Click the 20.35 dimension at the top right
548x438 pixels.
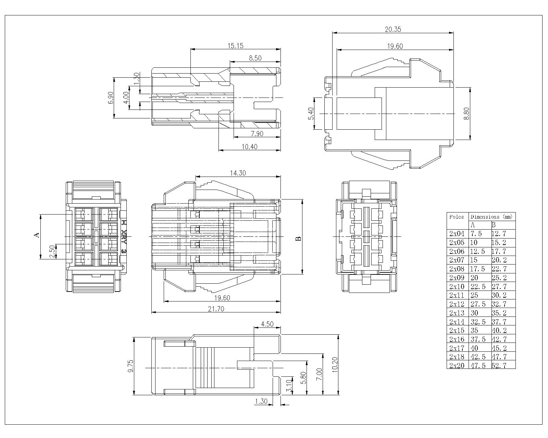tap(393, 29)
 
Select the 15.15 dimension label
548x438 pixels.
tap(236, 46)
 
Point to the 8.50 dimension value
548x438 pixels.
tap(255, 58)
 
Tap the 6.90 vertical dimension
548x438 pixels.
tap(110, 98)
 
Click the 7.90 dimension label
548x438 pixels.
tap(257, 133)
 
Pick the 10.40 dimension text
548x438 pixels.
tap(249, 146)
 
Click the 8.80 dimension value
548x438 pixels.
tap(466, 114)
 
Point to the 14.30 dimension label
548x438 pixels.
tap(237, 173)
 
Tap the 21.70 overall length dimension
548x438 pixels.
tap(216, 309)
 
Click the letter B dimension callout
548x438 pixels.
tap(299, 239)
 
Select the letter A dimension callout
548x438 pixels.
tap(37, 235)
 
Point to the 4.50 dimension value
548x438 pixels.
tap(267, 324)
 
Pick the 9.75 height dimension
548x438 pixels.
tap(130, 366)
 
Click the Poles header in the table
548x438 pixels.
tap(457, 217)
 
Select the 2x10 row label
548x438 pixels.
tap(457, 286)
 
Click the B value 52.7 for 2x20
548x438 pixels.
tap(499, 365)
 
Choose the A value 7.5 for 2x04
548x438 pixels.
tap(475, 234)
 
